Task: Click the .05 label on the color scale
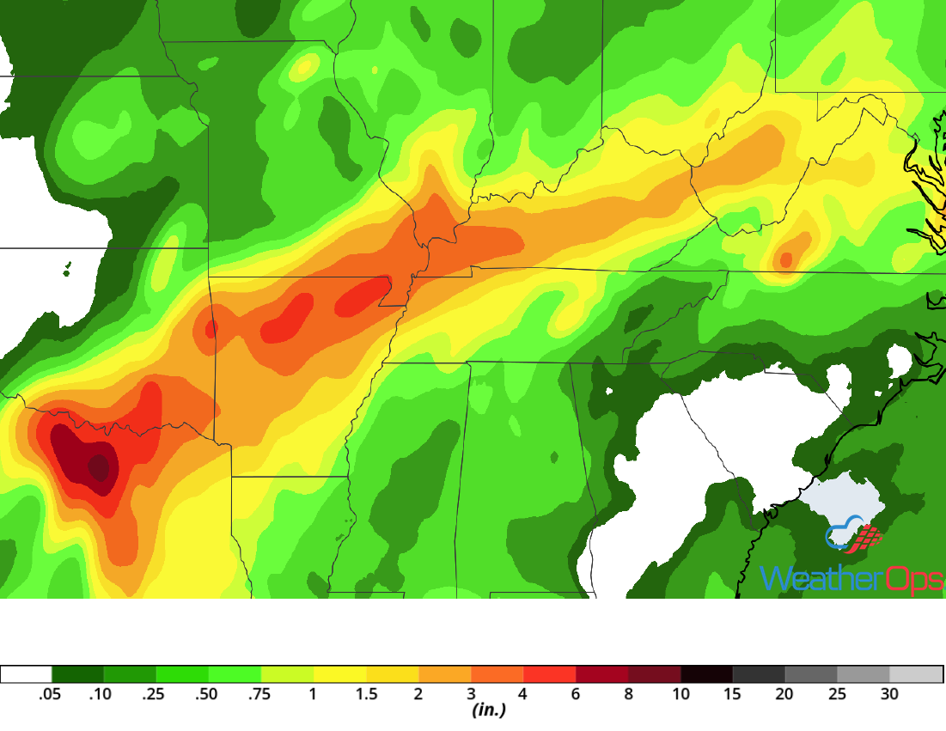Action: (51, 694)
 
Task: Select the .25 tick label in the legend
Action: (156, 694)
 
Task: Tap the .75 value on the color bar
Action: (260, 694)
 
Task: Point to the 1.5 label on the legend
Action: (366, 694)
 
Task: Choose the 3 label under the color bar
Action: (471, 694)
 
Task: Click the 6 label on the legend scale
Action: (576, 694)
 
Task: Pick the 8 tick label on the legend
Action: (628, 694)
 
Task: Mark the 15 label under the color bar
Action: (733, 694)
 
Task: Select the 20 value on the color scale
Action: (785, 694)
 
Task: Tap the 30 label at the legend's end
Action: (890, 694)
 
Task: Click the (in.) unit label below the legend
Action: (488, 710)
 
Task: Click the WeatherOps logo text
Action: (851, 580)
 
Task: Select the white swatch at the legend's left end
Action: (26, 674)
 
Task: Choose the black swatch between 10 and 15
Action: (706, 674)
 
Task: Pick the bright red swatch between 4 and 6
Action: (549, 674)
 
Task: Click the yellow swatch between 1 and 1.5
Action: (339, 674)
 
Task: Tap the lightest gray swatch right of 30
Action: (916, 674)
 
